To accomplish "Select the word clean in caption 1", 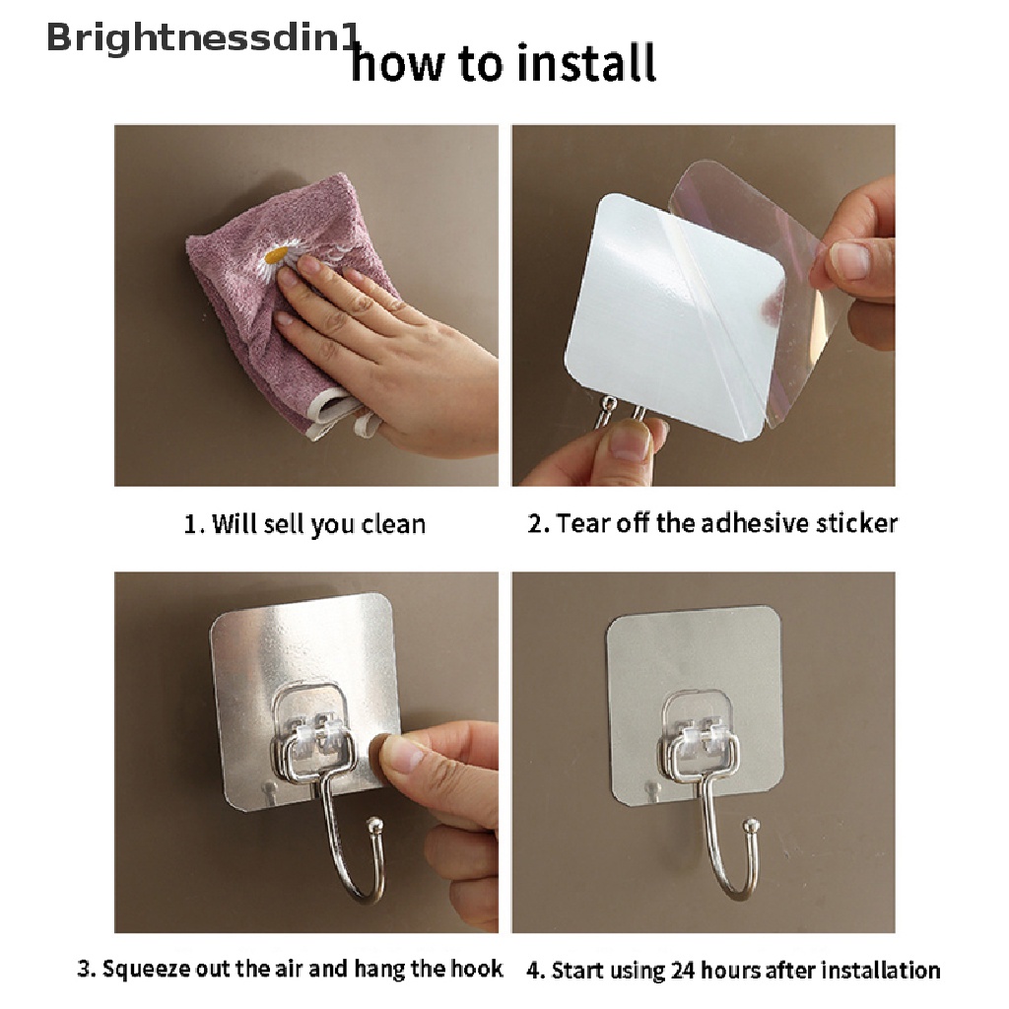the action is click(393, 524).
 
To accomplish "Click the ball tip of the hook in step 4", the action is click(750, 826).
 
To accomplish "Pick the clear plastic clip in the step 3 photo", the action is click(314, 725).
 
